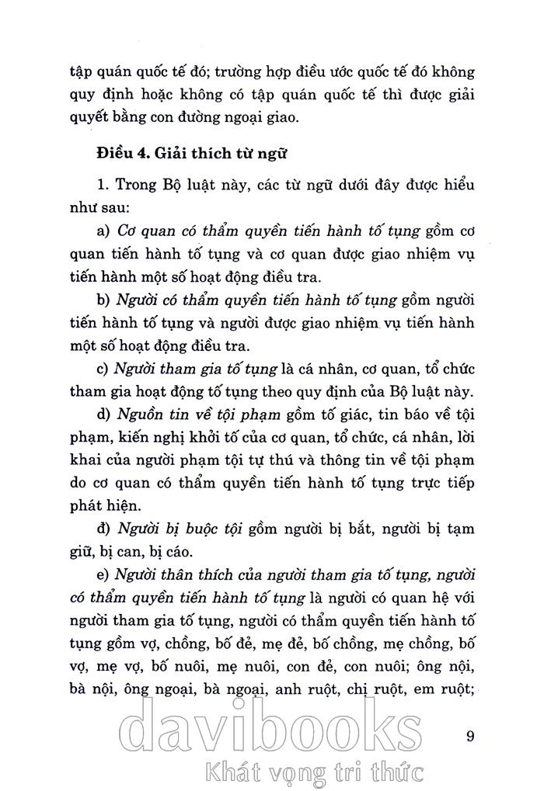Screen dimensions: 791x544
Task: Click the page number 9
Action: [470, 735]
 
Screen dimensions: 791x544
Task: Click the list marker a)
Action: [103, 231]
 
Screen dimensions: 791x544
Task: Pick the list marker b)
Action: [103, 300]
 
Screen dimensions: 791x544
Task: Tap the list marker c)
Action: [103, 368]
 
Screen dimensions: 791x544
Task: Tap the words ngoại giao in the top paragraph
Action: [276, 118]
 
